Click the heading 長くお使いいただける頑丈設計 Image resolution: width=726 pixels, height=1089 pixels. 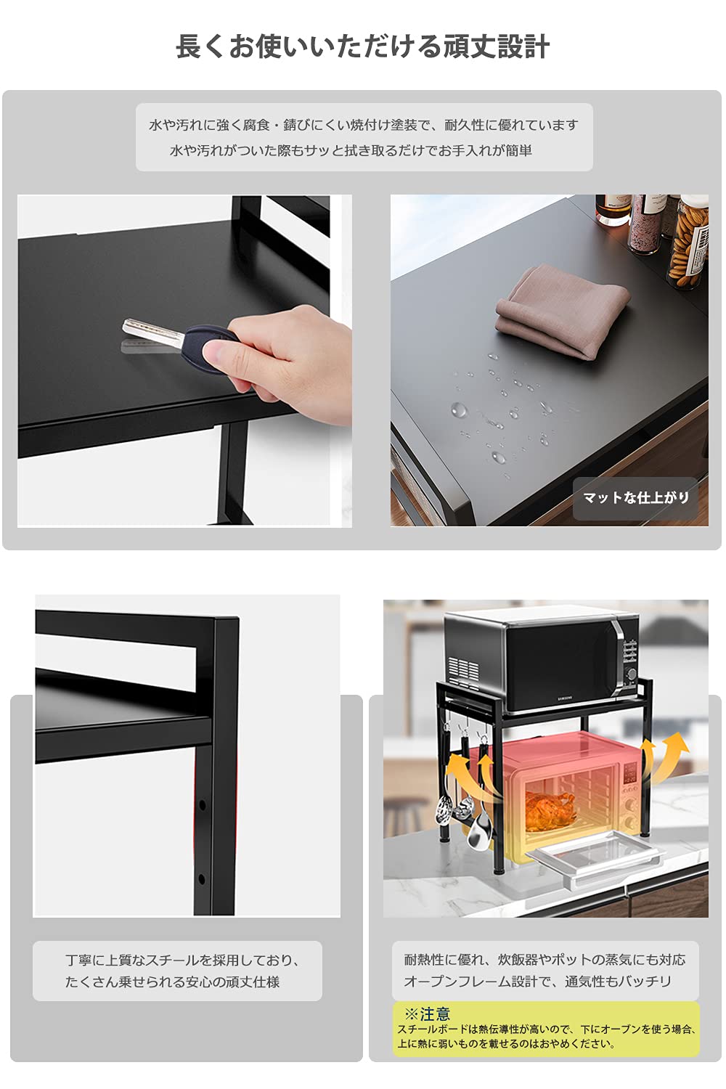pos(363,46)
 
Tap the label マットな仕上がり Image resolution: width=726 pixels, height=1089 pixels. pos(636,497)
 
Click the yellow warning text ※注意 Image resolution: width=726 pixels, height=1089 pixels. pos(427,1014)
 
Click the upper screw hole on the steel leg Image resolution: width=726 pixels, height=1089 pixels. pos(202,806)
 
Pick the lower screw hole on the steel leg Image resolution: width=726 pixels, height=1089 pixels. pos(201,879)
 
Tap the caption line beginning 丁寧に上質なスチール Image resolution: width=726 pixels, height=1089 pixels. pos(182,960)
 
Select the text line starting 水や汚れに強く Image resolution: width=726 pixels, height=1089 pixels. pos(364,126)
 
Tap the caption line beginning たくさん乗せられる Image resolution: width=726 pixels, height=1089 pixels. pos(173,982)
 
